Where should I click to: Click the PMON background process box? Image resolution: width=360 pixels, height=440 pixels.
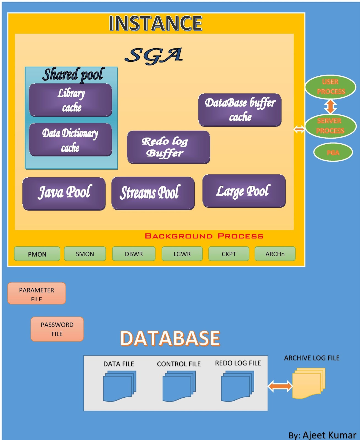(37, 254)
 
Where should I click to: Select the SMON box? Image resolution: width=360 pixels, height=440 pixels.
(85, 254)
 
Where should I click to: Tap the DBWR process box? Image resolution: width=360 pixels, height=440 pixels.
(134, 254)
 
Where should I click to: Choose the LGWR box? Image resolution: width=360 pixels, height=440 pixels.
(182, 254)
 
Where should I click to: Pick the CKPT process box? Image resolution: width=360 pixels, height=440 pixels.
(229, 254)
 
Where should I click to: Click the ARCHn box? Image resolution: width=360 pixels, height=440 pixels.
(275, 254)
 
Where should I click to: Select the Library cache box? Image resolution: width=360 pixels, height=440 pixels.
(70, 100)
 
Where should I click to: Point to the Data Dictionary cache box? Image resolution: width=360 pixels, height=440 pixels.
(70, 140)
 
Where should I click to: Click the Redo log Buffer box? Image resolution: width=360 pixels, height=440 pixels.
(168, 147)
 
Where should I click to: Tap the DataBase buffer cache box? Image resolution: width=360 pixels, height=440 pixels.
(240, 110)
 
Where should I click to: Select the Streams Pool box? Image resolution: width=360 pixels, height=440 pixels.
(153, 193)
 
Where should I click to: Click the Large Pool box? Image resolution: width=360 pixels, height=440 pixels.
(244, 191)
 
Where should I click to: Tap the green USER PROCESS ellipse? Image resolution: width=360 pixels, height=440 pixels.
(330, 87)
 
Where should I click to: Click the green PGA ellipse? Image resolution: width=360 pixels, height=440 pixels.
(333, 152)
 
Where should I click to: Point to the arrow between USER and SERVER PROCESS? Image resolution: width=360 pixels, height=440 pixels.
(330, 106)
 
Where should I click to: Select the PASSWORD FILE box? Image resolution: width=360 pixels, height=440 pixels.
(57, 329)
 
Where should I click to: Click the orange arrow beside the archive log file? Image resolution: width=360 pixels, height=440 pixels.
(280, 386)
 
